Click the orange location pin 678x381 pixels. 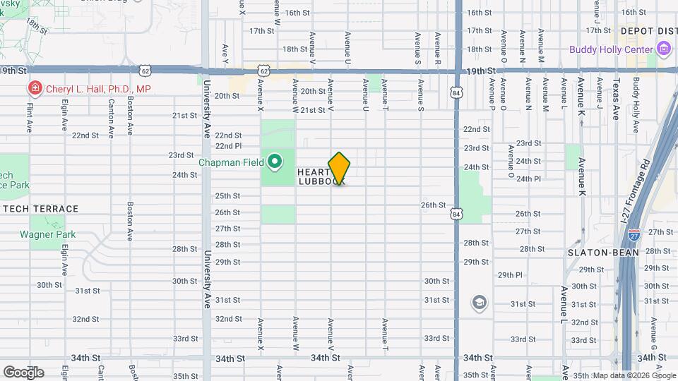tap(340, 169)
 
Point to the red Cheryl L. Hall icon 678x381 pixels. tap(33, 89)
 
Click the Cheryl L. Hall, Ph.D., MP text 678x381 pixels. tap(98, 89)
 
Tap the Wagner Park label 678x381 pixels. tap(47, 234)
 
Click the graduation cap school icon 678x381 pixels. tap(479, 303)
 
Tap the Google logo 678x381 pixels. tap(23, 372)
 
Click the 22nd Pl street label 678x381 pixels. tap(228, 145)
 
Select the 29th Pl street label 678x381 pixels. tap(510, 275)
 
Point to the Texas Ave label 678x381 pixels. tap(615, 98)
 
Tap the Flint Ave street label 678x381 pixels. tap(30, 117)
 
